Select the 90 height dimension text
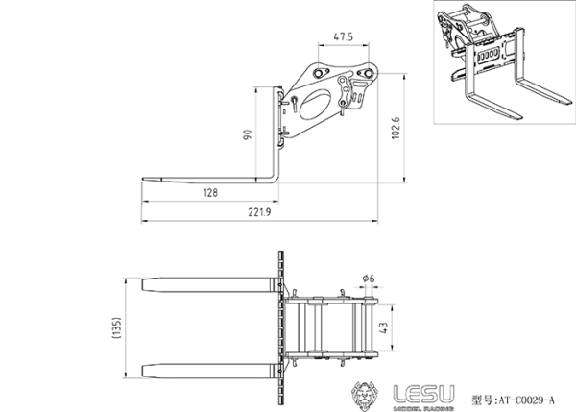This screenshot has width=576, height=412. pyautogui.click(x=248, y=135)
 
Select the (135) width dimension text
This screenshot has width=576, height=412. pyautogui.click(x=116, y=328)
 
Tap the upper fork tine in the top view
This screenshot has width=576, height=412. pyautogui.click(x=206, y=286)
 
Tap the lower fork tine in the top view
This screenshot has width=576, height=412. pyautogui.click(x=206, y=370)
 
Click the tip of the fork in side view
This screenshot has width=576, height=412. pyautogui.click(x=146, y=179)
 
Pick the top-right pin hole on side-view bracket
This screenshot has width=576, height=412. pyautogui.click(x=366, y=73)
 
